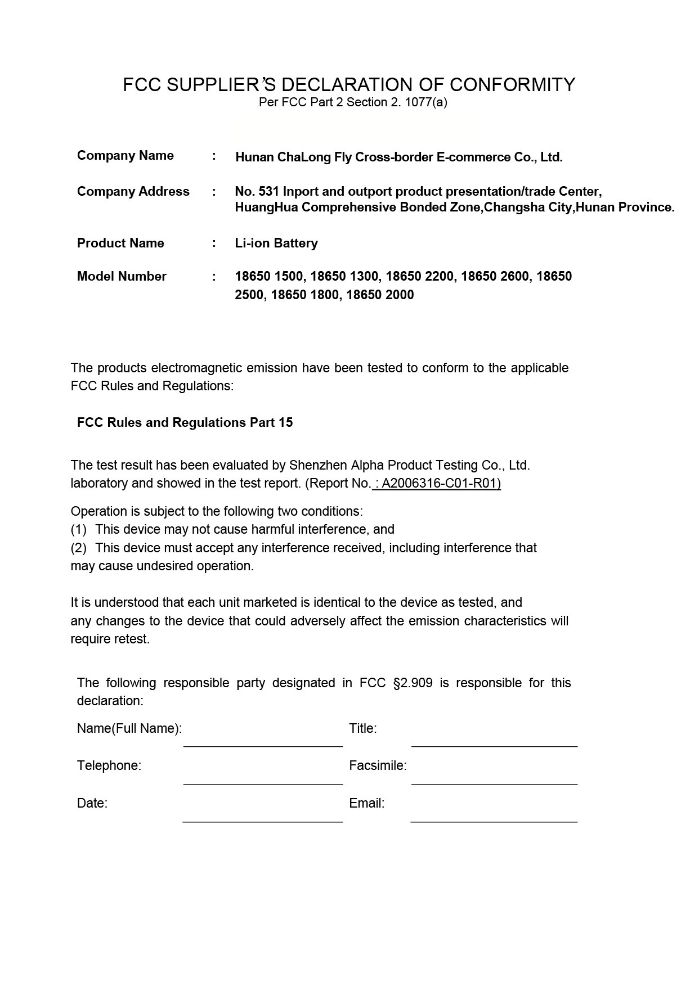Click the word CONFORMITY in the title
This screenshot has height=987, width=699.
512,85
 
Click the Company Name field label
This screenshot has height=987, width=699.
125,156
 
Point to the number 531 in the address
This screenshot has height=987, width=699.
269,192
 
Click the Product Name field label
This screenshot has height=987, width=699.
120,244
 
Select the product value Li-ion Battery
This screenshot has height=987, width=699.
276,244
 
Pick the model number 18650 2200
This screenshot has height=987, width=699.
419,277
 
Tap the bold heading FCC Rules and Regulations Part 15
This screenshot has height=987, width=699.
185,423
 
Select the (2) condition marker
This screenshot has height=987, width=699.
79,548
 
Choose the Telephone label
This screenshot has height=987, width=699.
109,766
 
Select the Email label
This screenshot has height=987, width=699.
366,804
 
